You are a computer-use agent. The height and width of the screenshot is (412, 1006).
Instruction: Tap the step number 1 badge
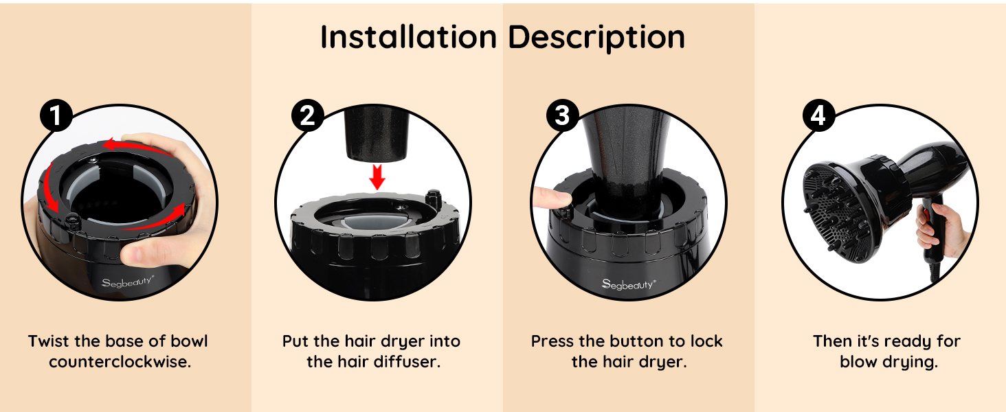(x=56, y=115)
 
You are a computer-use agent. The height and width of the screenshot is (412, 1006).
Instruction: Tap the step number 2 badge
(x=308, y=115)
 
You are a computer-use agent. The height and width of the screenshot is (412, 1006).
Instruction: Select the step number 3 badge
(x=562, y=115)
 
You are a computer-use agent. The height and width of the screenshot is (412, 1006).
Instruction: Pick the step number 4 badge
(x=818, y=115)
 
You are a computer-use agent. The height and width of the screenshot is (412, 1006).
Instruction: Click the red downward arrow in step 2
(x=377, y=177)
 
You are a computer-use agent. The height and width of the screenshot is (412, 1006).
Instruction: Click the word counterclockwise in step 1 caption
(x=120, y=362)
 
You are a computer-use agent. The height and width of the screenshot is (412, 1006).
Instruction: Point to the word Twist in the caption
(x=49, y=341)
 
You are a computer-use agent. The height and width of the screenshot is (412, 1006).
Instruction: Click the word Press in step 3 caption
(x=552, y=341)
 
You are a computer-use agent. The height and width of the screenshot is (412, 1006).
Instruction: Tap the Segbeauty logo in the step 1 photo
(x=128, y=282)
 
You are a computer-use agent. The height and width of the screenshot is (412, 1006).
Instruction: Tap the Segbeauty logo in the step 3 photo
(x=629, y=284)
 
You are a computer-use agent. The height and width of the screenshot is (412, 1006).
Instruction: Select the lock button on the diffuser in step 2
(x=432, y=198)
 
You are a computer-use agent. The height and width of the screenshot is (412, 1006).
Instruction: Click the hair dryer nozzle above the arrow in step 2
(x=377, y=133)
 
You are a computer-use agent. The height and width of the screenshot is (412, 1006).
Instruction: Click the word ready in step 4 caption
(x=908, y=342)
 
